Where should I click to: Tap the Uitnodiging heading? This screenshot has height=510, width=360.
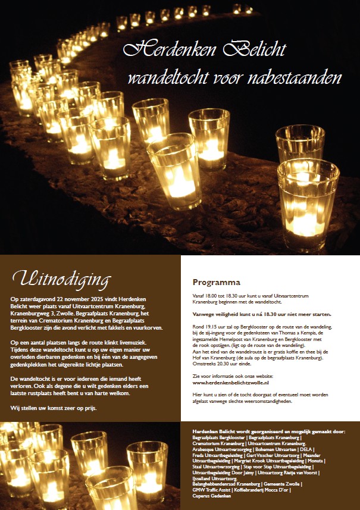click(x=61, y=279)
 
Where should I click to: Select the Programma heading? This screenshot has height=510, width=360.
click(x=216, y=282)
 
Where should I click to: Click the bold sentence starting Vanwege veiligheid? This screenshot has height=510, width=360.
click(x=262, y=314)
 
